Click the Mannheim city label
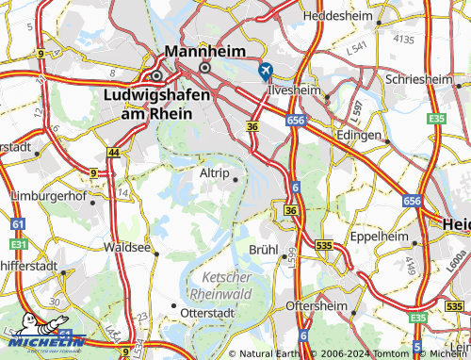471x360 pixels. coord(204,51)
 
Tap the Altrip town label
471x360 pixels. coord(216,174)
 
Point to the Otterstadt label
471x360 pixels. coord(212,311)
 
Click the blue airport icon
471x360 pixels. coord(266,69)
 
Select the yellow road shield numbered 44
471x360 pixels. coord(114,153)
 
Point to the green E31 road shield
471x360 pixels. coord(17,242)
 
